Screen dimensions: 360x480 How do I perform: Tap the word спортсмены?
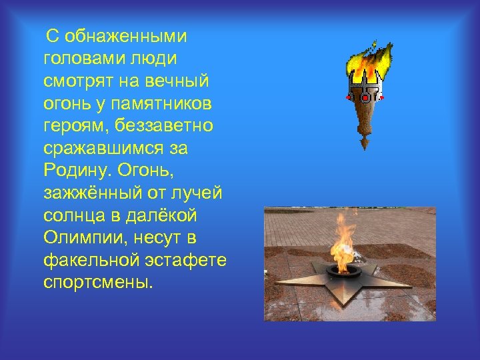(98, 283)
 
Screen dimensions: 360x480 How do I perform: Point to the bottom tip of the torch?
(364, 148)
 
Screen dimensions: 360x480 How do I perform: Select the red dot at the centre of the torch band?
(365, 97)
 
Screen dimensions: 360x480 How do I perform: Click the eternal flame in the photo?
(341, 247)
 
